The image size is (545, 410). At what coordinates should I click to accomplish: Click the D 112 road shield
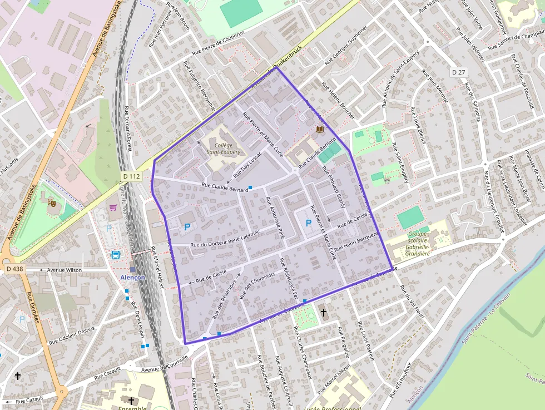(x=131, y=176)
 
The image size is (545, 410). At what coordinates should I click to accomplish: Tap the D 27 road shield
(x=458, y=72)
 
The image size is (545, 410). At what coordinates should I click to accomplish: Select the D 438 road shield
(x=15, y=269)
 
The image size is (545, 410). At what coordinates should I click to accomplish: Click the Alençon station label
(x=133, y=277)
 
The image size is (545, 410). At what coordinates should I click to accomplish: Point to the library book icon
(x=319, y=129)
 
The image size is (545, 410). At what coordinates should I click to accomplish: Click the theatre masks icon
(x=52, y=203)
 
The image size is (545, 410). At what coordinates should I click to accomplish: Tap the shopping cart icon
(x=113, y=208)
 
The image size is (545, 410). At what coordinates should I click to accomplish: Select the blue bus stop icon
(x=116, y=255)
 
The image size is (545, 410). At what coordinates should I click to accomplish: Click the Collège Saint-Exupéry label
(x=224, y=148)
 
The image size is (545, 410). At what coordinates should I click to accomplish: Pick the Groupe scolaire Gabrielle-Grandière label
(x=418, y=244)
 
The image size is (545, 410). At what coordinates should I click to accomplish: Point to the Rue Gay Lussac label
(x=247, y=165)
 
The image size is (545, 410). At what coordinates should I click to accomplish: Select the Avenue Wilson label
(x=65, y=270)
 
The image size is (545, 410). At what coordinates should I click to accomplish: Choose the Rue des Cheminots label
(x=257, y=285)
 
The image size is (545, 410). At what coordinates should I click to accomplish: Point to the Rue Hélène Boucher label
(x=338, y=100)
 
